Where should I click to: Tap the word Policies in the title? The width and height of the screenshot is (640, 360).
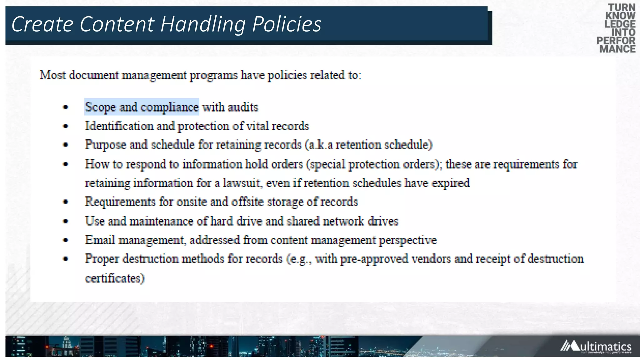click(x=287, y=24)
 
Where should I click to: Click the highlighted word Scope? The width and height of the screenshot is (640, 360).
click(x=100, y=107)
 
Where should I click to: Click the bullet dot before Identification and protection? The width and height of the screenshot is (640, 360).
click(x=65, y=126)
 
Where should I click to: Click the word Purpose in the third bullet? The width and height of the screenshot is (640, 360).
click(x=106, y=145)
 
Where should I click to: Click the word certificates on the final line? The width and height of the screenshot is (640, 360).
click(x=115, y=278)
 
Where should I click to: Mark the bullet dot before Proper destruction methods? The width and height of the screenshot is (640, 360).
click(x=65, y=259)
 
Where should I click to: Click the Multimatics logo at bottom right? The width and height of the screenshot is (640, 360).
click(x=596, y=347)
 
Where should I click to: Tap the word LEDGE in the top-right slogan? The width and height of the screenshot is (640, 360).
click(x=620, y=24)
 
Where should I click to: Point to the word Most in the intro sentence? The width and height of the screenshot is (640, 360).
click(x=52, y=75)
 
